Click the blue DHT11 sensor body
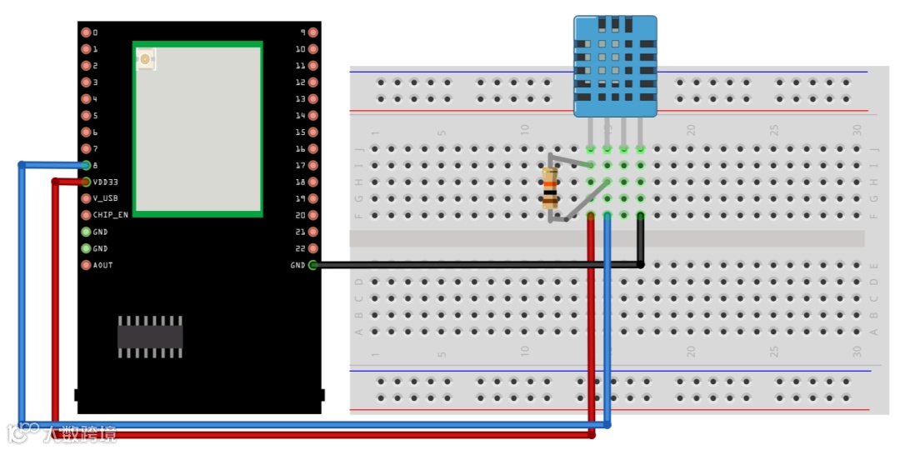click(615, 65)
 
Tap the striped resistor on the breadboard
click(550, 189)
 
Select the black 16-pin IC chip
click(150, 336)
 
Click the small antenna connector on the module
click(146, 59)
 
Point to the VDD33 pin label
click(105, 182)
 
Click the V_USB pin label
click(105, 198)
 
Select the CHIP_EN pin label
click(110, 215)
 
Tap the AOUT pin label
click(102, 265)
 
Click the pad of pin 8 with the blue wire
click(86, 165)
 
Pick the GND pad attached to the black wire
click(312, 265)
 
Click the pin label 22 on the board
click(300, 248)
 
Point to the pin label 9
click(302, 32)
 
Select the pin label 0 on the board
click(95, 32)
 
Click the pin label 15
click(300, 132)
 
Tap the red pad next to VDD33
click(86, 182)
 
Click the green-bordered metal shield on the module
click(198, 129)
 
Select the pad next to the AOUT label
click(86, 265)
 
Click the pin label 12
click(300, 82)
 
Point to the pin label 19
click(300, 198)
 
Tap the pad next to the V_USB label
click(86, 198)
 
